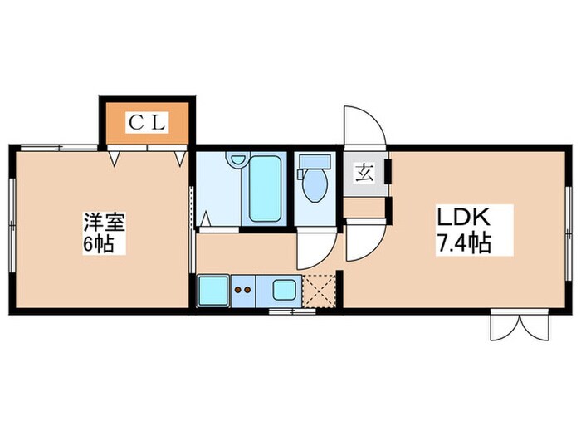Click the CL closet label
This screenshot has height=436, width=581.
147,123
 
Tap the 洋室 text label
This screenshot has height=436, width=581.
103,222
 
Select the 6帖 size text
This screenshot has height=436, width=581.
104,245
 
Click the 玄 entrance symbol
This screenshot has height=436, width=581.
364,174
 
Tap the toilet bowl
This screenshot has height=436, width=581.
315,186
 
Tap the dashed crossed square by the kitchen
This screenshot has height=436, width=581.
318,291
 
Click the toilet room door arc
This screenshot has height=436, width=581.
316,250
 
